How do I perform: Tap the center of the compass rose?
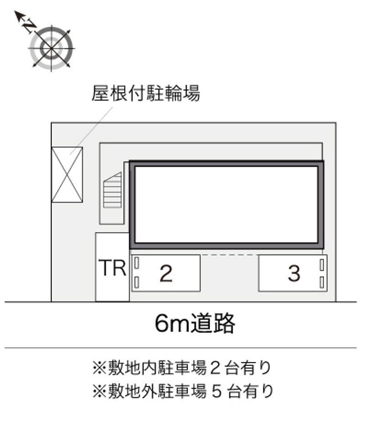tap(51, 48)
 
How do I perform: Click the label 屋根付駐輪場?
tap(146, 94)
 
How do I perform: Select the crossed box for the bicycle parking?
tap(67, 175)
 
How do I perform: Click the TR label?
tap(112, 268)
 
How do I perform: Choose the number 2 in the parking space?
tap(166, 273)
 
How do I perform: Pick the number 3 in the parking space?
tap(294, 273)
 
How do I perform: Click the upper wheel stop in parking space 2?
tap(137, 263)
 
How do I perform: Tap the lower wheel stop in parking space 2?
tap(137, 282)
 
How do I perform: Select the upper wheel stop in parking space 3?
tap(322, 265)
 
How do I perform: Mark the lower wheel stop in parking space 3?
tap(322, 282)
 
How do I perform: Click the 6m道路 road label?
tap(195, 323)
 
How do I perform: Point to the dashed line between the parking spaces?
tap(229, 255)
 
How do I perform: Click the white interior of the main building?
tap(226, 205)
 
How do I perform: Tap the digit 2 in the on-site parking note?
tap(215, 368)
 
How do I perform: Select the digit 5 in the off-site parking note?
tap(216, 391)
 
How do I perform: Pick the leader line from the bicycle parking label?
tap(91, 131)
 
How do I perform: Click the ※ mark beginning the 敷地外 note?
tap(99, 391)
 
